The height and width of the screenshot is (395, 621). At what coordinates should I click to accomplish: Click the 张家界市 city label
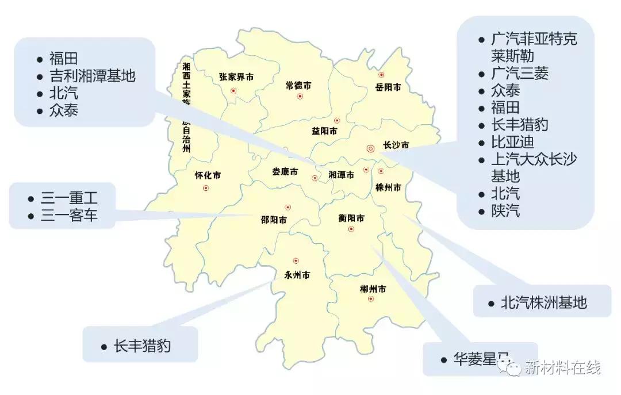coord(236,76)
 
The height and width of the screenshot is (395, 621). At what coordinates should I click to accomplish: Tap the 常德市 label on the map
coord(298,85)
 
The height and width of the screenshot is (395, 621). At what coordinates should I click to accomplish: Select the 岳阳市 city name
coord(388,87)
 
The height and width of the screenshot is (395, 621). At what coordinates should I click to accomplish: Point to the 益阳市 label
coord(324,131)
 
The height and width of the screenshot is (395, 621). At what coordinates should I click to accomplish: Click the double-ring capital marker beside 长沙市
coord(370,148)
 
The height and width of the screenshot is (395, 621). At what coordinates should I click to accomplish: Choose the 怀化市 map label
coord(208,176)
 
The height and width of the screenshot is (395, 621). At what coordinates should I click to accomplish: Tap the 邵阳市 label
coord(274,220)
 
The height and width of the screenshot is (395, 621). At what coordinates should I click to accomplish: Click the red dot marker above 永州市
coord(296,260)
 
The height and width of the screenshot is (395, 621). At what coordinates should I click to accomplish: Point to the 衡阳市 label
coord(351,218)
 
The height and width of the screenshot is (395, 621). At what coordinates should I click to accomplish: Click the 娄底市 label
coord(285,172)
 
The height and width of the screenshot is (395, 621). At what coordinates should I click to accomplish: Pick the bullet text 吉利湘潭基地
coord(92,75)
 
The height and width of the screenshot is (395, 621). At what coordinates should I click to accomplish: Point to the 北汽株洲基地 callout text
coord(543,302)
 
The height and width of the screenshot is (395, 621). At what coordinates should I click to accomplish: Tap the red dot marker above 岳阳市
coord(381,75)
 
